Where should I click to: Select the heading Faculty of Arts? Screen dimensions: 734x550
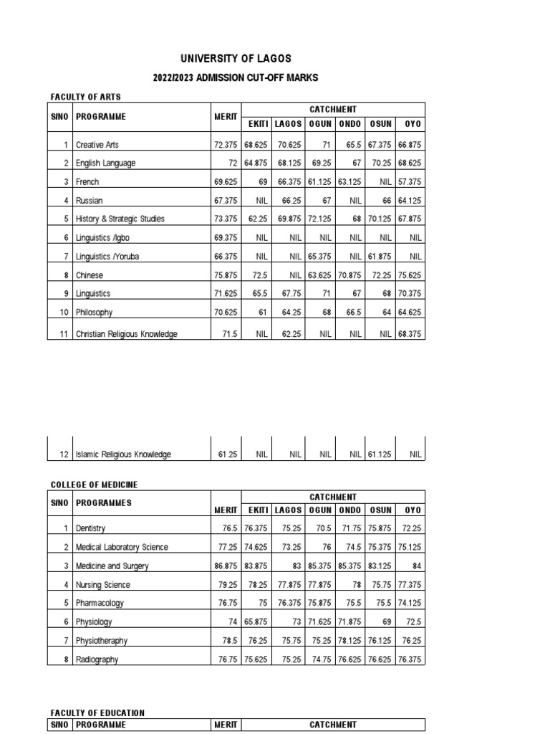(85, 96)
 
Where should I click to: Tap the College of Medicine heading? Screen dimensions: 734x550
(93, 485)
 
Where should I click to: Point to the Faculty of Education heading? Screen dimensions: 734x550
(97, 712)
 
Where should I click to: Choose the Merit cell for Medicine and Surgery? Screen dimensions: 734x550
(223, 566)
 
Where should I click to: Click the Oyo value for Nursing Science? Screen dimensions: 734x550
(410, 585)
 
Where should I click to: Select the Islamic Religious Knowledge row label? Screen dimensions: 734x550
(123, 454)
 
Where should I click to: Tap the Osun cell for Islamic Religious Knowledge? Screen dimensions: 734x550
(380, 454)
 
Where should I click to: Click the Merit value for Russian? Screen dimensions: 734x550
(225, 201)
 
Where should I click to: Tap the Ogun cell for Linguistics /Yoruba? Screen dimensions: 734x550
(320, 257)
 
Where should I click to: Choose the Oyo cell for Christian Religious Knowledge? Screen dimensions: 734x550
(410, 334)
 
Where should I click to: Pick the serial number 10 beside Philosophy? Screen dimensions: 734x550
(62, 313)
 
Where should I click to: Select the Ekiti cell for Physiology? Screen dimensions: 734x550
(256, 622)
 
